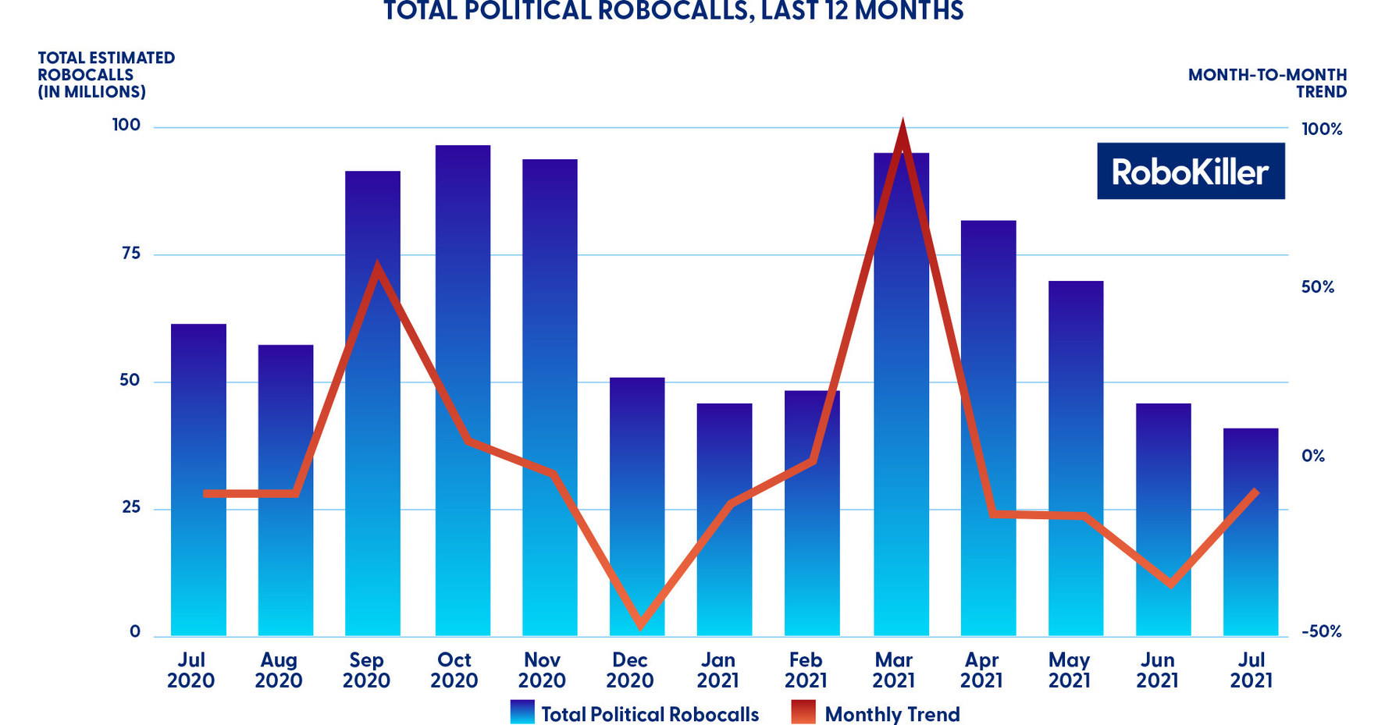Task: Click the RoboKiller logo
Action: pos(1190,171)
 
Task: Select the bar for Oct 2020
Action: pos(462,390)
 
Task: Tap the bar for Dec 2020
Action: pos(636,507)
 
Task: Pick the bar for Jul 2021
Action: pos(1250,531)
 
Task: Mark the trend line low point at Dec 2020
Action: pos(641,624)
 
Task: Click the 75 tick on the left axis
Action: pos(130,253)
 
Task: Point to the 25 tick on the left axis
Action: pos(130,507)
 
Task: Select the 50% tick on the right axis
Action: pos(1317,287)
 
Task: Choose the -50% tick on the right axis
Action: pos(1321,631)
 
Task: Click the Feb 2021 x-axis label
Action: pos(805,670)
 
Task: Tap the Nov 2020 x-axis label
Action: pos(542,670)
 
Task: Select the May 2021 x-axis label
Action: pos(1069,670)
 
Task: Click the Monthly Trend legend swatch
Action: pos(803,713)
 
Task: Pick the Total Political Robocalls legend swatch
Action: pos(522,713)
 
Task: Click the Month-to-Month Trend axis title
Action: pos(1267,83)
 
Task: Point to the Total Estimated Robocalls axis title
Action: pos(106,74)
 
